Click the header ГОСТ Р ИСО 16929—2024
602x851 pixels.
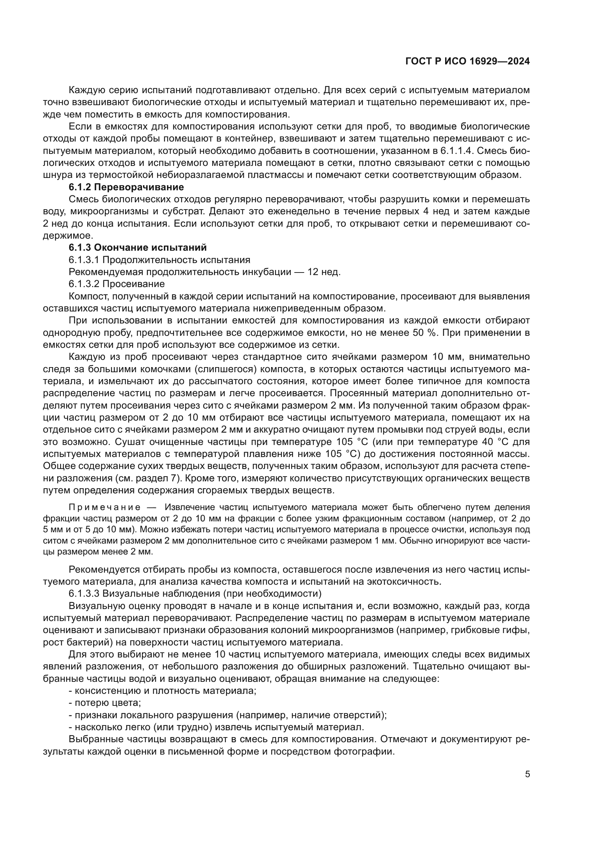point(467,61)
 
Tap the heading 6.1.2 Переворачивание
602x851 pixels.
point(126,187)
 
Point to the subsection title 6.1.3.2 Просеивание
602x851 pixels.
point(116,284)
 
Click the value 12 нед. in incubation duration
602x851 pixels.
point(324,272)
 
